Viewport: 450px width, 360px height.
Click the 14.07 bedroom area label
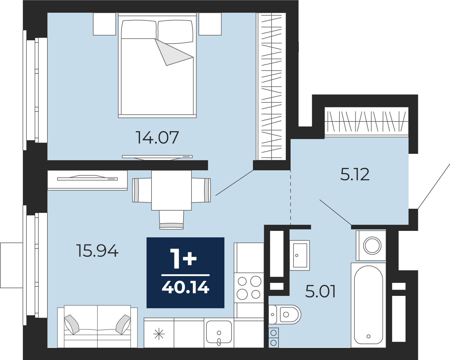point(157,137)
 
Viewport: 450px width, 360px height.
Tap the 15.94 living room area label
point(97,251)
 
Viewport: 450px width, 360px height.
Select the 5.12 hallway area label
point(355,174)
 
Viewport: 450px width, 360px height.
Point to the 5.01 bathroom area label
point(320,291)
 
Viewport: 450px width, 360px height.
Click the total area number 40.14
point(186,287)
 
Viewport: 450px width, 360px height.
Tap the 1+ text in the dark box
point(183,259)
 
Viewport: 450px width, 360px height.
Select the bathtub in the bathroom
point(369,305)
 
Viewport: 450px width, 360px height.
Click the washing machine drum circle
point(372,245)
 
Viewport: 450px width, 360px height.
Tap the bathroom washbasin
point(300,255)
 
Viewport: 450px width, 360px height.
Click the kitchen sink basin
point(219,332)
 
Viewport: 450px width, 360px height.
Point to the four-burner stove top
point(249,288)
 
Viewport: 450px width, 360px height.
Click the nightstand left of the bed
point(104,24)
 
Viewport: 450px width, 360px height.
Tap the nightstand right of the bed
point(210,24)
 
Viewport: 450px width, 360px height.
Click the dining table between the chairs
point(171,190)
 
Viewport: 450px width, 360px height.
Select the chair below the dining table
point(171,220)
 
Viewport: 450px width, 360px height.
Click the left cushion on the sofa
point(72,325)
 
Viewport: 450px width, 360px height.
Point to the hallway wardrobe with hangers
point(366,122)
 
